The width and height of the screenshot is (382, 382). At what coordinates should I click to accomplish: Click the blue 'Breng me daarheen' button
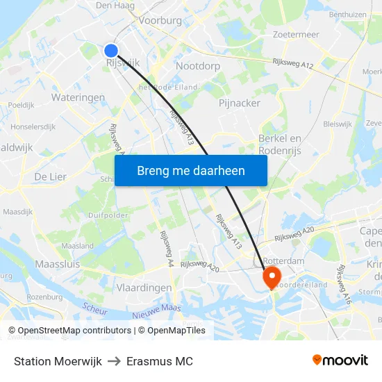tap(191, 170)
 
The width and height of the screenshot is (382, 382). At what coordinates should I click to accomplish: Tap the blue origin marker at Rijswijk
tap(111, 50)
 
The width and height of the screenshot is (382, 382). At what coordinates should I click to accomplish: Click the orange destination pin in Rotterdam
tap(270, 276)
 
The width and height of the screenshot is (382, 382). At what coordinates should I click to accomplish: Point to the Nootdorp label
tap(198, 66)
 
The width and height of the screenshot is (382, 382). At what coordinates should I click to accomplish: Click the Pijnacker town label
tap(240, 103)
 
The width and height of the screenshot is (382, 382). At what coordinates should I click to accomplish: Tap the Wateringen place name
tap(78, 98)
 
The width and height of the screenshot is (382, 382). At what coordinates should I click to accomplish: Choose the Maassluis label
tap(57, 265)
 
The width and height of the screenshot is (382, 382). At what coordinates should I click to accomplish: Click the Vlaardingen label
tap(144, 288)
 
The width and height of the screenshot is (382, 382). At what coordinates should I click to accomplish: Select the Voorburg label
tap(160, 21)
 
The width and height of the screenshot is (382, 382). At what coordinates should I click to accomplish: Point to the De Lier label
tap(50, 177)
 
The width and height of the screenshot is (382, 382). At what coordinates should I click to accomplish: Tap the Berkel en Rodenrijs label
tap(279, 144)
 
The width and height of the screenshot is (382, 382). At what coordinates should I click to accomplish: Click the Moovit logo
tap(340, 360)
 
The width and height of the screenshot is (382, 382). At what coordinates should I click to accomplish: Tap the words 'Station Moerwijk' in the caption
tap(58, 361)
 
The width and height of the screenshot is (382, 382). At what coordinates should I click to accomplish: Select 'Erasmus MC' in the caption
tap(165, 361)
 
